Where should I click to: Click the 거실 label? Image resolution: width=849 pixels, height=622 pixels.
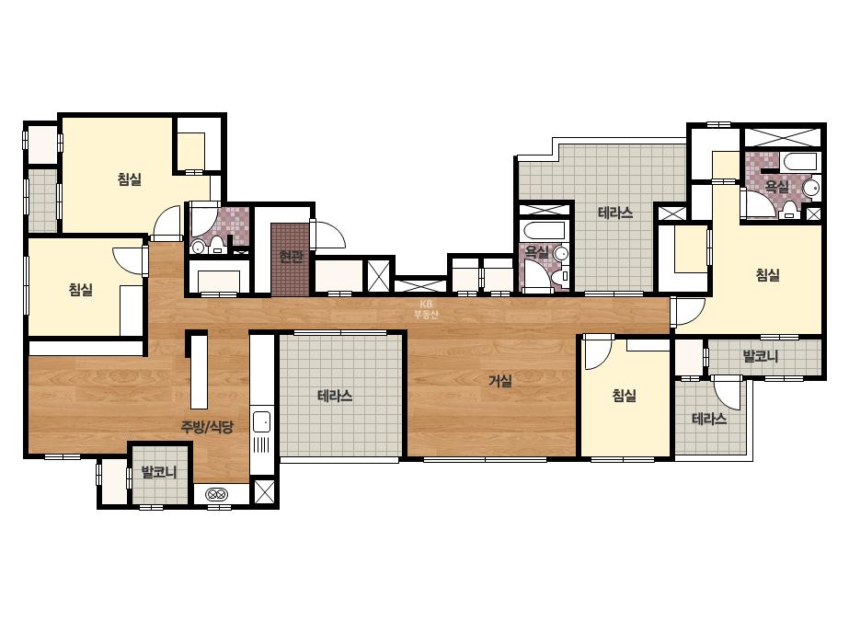tap(500, 382)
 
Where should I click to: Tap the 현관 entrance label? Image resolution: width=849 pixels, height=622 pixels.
tap(291, 256)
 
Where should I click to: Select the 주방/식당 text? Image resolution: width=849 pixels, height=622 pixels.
tap(207, 427)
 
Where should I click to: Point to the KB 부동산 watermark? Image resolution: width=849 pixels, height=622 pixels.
tap(426, 310)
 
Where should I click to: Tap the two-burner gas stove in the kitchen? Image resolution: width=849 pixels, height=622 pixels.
tap(217, 494)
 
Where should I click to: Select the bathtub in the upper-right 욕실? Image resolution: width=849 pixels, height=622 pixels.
tap(800, 161)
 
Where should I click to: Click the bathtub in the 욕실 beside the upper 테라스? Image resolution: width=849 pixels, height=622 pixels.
tap(545, 230)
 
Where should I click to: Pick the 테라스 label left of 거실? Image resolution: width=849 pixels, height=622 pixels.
tap(335, 396)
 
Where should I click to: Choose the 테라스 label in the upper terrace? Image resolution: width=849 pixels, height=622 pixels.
tap(615, 213)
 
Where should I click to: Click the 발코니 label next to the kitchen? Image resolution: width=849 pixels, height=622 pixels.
tap(159, 472)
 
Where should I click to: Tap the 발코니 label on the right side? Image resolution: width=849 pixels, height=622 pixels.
tap(761, 356)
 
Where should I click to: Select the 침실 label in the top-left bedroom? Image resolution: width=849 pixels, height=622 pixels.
tap(130, 179)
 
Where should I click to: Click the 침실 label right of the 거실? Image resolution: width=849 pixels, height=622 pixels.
tap(624, 396)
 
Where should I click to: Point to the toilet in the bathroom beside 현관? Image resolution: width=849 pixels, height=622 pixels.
tap(217, 245)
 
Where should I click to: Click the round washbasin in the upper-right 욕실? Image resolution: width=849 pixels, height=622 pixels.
tap(810, 189)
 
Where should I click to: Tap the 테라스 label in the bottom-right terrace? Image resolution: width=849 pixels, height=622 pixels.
tap(709, 419)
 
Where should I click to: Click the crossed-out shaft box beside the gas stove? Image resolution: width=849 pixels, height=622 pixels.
tap(265, 491)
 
